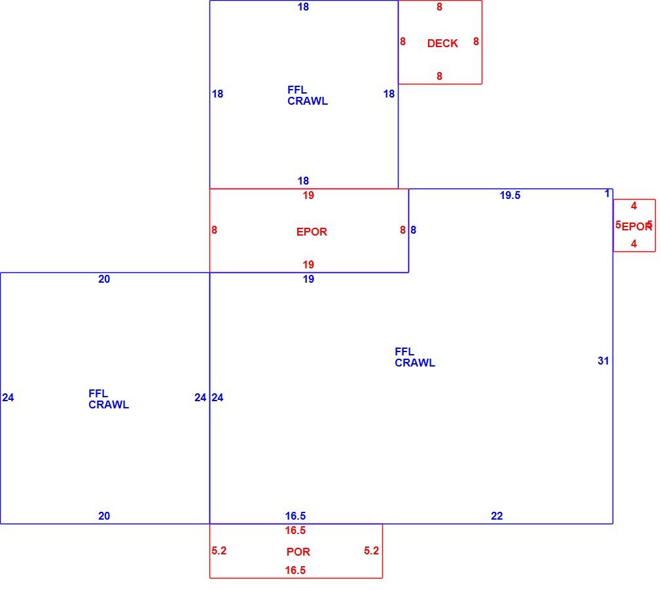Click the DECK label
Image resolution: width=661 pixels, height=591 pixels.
442,43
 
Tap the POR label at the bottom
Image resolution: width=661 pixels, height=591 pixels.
298,552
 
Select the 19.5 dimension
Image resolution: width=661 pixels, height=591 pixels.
510,195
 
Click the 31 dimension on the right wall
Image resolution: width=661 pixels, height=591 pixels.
603,361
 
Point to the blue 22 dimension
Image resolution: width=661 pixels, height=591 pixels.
497,516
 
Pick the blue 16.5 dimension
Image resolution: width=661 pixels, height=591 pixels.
295,516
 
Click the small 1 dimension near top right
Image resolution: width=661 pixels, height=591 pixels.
607,194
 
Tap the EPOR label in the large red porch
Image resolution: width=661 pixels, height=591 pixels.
312,232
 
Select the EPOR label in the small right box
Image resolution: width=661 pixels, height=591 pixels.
637,227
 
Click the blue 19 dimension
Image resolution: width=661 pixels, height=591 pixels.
308,279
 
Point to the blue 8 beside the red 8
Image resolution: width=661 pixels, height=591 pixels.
413,230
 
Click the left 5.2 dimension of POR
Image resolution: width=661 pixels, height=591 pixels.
219,551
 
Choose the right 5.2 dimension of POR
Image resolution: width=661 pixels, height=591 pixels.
371,551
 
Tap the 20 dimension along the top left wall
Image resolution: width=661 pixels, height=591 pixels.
104,279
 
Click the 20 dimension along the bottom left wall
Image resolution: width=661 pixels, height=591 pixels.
104,516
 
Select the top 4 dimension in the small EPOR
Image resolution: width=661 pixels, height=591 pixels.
634,206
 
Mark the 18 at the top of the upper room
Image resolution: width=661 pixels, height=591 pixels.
303,7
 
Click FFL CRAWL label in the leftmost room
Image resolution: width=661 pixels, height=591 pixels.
109,399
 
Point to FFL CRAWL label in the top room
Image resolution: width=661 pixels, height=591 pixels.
308,96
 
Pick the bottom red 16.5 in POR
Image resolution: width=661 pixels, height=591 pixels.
295,570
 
